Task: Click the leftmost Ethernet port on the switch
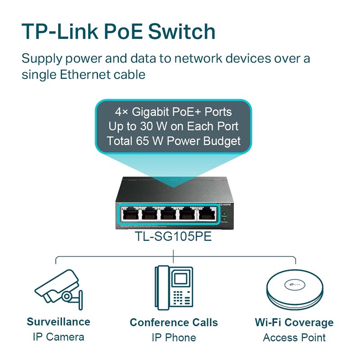click(130, 215)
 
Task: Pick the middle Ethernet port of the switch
click(169, 215)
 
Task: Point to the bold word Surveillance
click(58, 322)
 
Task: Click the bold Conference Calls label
click(174, 323)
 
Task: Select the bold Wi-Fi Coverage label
click(294, 323)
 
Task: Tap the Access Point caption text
click(294, 337)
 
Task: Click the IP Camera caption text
click(58, 337)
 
